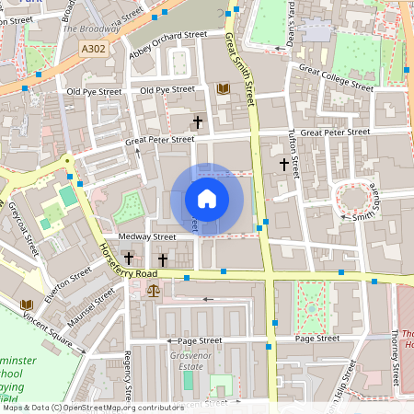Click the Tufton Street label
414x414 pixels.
click(x=294, y=146)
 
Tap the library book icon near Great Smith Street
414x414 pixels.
click(x=222, y=89)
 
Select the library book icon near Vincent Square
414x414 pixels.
click(x=26, y=304)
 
